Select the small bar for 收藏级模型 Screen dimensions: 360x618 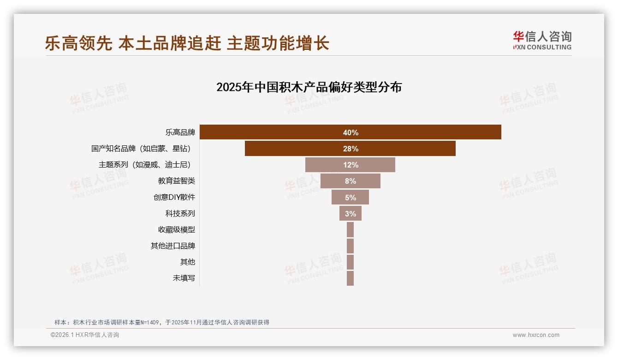click(x=350, y=229)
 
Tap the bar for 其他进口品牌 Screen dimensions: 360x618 click(x=350, y=246)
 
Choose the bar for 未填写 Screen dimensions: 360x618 click(x=350, y=278)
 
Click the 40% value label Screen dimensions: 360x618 click(x=351, y=132)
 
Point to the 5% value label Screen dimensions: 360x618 click(x=351, y=198)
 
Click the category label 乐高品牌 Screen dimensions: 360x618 click(x=180, y=132)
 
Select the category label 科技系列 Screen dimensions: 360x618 click(x=180, y=213)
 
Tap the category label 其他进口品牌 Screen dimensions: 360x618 click(x=173, y=246)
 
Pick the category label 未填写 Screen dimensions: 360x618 click(x=184, y=278)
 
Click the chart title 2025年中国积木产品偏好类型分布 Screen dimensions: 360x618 click(x=309, y=87)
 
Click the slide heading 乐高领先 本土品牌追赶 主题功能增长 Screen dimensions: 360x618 click(x=187, y=43)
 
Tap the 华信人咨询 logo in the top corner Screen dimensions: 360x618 click(x=542, y=41)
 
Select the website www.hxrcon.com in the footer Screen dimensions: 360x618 click(x=536, y=335)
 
